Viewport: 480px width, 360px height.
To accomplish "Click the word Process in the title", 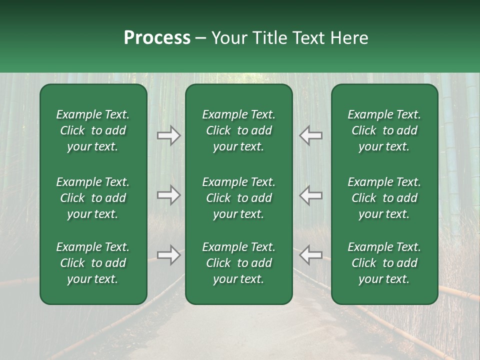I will point(157,38).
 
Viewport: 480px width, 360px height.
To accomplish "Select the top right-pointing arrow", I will point(168,135).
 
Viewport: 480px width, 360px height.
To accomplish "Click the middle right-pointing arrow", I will point(168,195).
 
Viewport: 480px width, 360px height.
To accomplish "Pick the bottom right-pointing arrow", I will point(168,255).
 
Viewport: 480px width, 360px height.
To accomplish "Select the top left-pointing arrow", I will point(310,135).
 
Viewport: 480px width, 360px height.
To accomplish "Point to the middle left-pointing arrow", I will point(310,195).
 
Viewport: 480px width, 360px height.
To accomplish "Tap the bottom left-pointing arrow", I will point(310,255).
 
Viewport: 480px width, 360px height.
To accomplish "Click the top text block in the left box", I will point(93,130).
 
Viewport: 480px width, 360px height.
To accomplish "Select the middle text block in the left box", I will point(93,198).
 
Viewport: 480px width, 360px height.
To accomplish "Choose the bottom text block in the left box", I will point(93,263).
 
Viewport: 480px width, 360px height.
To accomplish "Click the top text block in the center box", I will point(238,130).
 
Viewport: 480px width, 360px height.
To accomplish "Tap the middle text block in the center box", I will point(238,198).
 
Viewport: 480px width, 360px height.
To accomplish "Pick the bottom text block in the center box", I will point(238,263).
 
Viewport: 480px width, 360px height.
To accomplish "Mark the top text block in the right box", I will point(384,130).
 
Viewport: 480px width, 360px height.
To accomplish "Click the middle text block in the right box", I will point(384,198).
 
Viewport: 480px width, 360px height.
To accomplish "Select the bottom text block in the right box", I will point(384,263).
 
